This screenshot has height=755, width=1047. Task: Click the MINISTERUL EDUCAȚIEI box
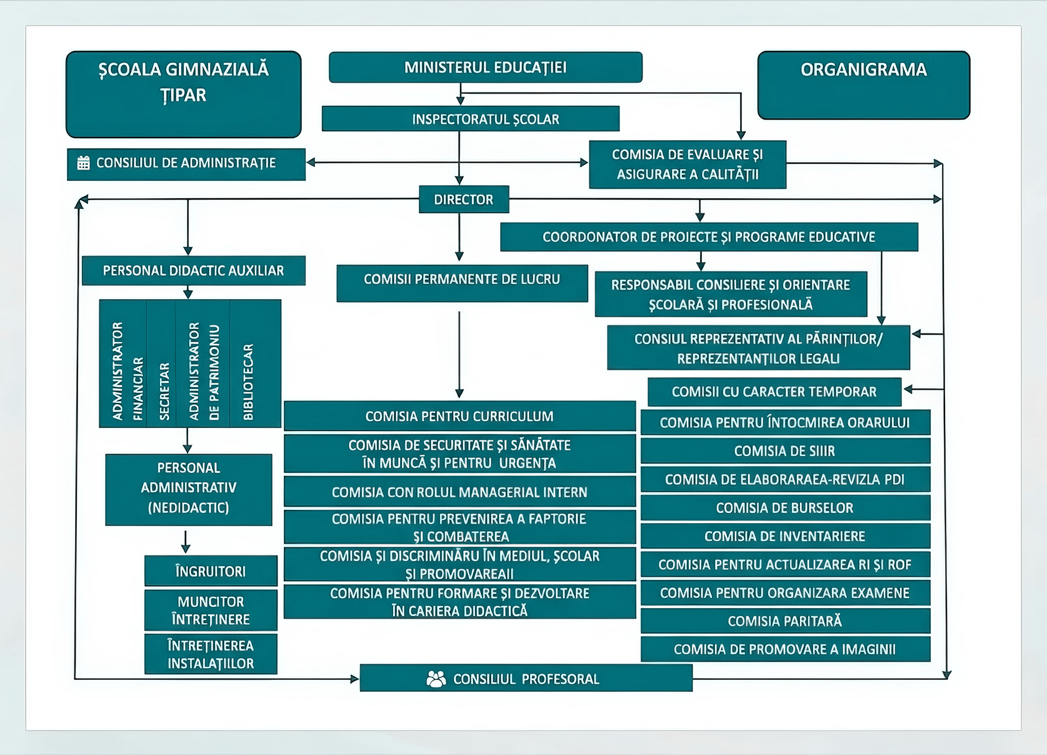486,68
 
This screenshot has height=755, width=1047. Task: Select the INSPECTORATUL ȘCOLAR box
471,119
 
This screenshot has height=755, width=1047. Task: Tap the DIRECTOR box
464,200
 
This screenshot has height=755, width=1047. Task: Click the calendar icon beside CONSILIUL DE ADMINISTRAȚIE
83,163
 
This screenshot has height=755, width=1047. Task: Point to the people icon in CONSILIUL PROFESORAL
436,679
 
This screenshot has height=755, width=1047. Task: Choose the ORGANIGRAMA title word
864,69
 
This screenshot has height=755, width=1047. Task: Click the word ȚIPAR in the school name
183,96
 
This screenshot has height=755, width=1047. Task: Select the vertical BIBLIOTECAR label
248,382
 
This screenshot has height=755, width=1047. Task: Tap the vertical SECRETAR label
164,391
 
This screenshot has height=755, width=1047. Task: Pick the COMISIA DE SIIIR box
785,451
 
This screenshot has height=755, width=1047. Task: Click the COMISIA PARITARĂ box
785,621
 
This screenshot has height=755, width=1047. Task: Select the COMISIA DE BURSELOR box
785,507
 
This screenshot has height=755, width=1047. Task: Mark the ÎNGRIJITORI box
211,570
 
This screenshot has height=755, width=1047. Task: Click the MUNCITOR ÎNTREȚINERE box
211,611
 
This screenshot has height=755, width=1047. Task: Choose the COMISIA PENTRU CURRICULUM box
460,416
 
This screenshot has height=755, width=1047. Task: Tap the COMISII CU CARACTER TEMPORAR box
774,392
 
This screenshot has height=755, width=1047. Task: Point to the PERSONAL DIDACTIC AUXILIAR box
194,270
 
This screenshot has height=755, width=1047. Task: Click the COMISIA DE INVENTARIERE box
785,536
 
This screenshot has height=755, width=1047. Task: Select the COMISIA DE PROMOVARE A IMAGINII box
785,649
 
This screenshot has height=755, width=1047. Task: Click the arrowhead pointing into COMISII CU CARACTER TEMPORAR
908,389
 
